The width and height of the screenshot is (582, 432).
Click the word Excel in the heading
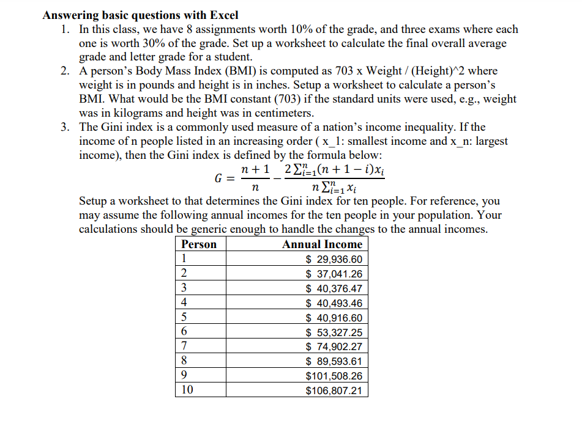click(222, 15)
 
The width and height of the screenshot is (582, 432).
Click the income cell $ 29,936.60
click(334, 259)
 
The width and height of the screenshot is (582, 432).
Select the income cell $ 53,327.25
click(334, 332)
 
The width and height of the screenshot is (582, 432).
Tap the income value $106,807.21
click(334, 390)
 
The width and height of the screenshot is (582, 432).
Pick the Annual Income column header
click(322, 244)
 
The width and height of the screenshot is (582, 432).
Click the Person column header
click(199, 244)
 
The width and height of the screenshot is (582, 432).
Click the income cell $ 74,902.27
click(334, 347)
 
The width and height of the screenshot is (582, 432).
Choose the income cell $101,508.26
click(334, 376)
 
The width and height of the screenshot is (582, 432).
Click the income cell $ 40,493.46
click(334, 303)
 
